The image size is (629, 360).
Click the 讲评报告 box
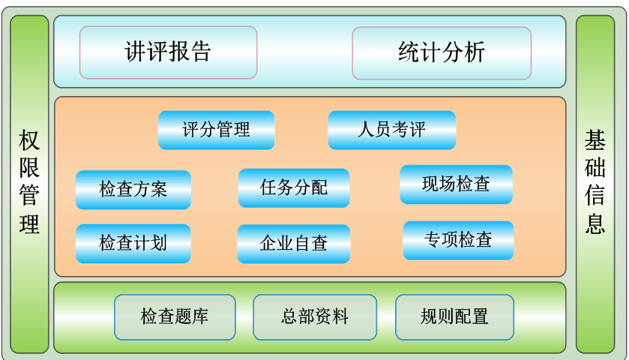point(168,52)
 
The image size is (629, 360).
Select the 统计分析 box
point(442,53)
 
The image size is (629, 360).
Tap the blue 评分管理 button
point(216,130)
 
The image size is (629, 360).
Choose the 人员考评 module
point(392,130)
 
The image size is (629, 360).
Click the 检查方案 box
point(133,190)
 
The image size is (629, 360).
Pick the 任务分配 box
point(294,187)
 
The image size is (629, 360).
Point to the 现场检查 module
point(456,184)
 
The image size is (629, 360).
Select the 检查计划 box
point(133,244)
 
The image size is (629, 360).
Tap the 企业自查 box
point(294,244)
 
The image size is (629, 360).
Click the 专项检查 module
point(458,240)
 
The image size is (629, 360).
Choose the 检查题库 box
point(175,317)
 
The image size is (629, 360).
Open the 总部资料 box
point(315,317)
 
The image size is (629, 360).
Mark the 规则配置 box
point(454,317)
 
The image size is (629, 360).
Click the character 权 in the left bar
point(29,140)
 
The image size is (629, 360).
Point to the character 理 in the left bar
point(29,224)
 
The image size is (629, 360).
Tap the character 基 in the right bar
point(595,140)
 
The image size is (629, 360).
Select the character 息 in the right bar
point(595,224)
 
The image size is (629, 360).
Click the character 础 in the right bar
point(595,168)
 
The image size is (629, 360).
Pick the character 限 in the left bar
point(29,168)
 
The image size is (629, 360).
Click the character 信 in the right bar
point(595,196)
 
